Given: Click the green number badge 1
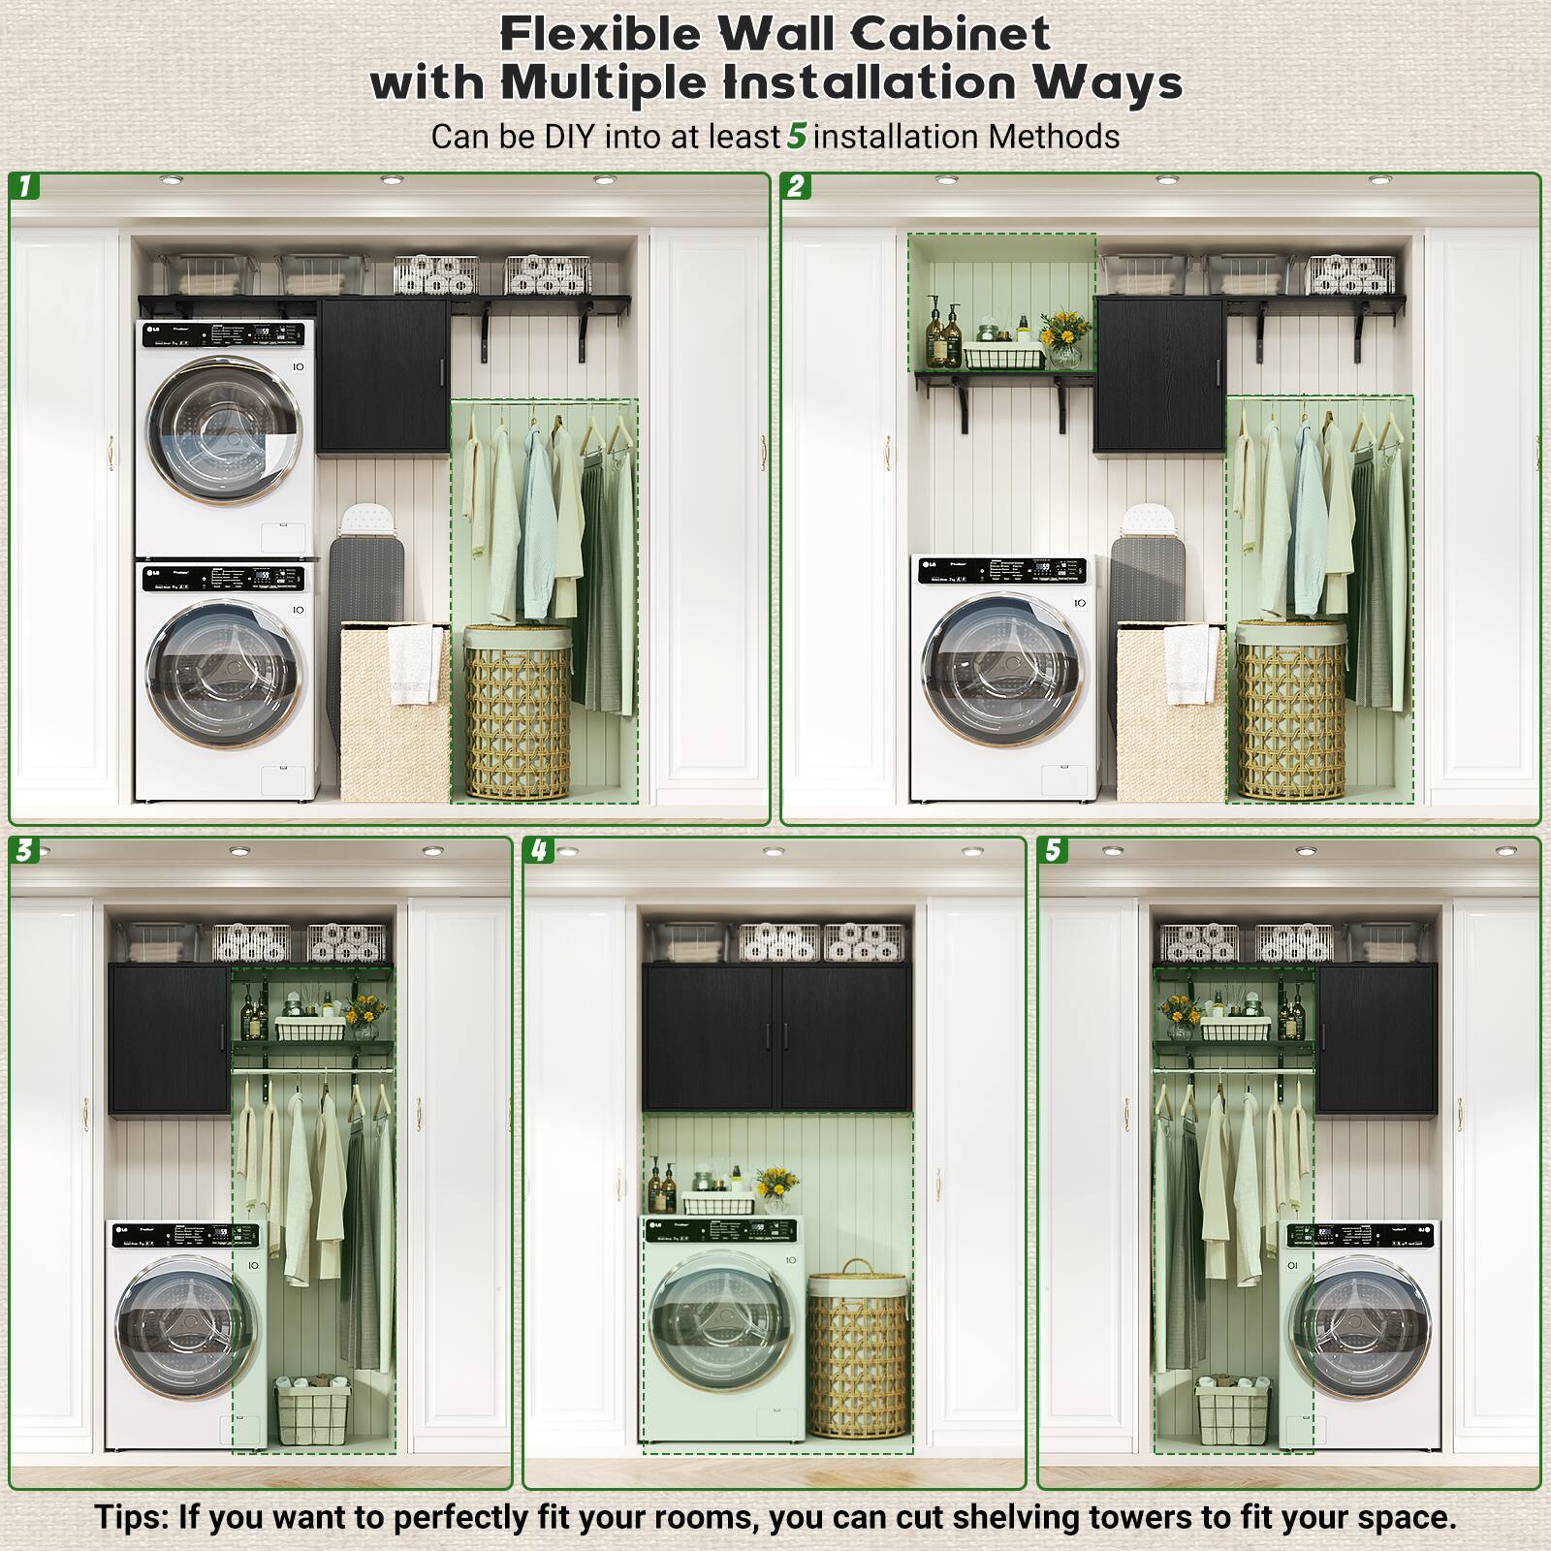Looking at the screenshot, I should (x=25, y=186).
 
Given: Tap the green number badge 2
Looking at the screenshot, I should (x=797, y=186).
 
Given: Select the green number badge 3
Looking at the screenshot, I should (x=24, y=850).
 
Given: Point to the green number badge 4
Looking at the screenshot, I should (x=539, y=850).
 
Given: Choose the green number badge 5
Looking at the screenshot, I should (x=1053, y=850).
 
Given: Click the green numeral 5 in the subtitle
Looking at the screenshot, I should (x=796, y=137).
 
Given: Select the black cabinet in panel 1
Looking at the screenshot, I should (x=383, y=376).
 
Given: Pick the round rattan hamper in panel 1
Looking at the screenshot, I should (x=517, y=712).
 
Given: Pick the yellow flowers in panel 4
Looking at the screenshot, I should (x=775, y=1184).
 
